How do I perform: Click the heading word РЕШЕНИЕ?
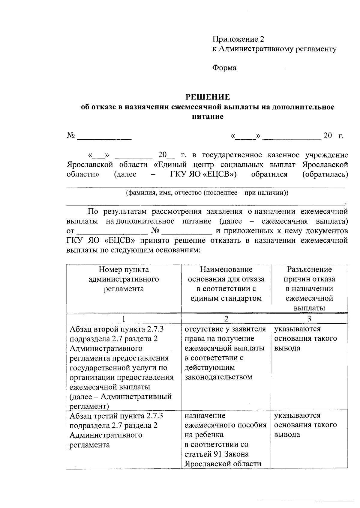(x=208, y=97)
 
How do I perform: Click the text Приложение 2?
(x=238, y=39)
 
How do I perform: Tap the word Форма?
(x=224, y=68)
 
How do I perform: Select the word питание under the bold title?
(x=208, y=117)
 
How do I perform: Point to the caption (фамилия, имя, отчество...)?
(x=207, y=193)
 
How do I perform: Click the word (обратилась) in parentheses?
(x=325, y=174)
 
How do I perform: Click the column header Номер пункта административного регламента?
(x=124, y=279)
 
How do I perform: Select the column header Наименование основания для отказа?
(x=226, y=284)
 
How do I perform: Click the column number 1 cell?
(x=124, y=319)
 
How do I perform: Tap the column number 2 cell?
(x=226, y=319)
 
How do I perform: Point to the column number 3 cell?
(x=309, y=319)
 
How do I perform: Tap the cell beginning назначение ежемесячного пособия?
(x=226, y=439)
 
